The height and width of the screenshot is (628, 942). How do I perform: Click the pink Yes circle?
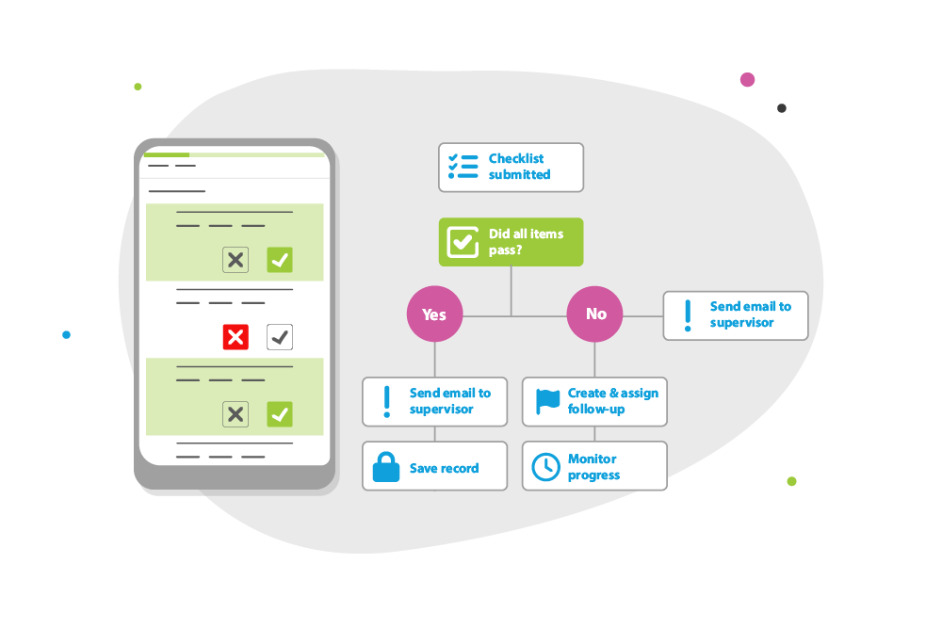point(434,314)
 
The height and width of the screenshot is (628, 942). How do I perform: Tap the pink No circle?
point(595,314)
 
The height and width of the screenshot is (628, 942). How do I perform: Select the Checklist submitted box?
point(511,168)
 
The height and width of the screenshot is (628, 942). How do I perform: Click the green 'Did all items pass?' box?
point(511,242)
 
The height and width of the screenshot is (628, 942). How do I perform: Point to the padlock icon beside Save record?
point(385,467)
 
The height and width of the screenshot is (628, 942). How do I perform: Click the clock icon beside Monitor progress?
point(545,467)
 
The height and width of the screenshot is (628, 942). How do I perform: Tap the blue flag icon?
point(547,401)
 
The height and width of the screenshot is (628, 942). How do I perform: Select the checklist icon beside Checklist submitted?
point(463,167)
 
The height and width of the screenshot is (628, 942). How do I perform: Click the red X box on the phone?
point(235,336)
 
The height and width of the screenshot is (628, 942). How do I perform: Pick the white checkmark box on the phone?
point(280,336)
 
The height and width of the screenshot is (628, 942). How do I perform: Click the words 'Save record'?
point(444,468)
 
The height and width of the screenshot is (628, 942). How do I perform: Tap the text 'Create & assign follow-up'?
point(612,401)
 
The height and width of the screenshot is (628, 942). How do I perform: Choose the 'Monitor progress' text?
point(593,467)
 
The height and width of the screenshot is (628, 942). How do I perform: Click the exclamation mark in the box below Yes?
point(386,401)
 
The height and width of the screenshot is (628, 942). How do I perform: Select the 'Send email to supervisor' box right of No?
point(736,314)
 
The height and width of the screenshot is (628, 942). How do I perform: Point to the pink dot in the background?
point(747,80)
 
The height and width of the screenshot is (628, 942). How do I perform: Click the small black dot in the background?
point(782,108)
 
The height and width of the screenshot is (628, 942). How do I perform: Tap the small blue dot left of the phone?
point(66,334)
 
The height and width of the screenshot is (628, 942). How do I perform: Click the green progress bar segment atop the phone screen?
point(166,154)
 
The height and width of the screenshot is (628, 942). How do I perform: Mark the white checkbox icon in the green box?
point(462,242)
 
